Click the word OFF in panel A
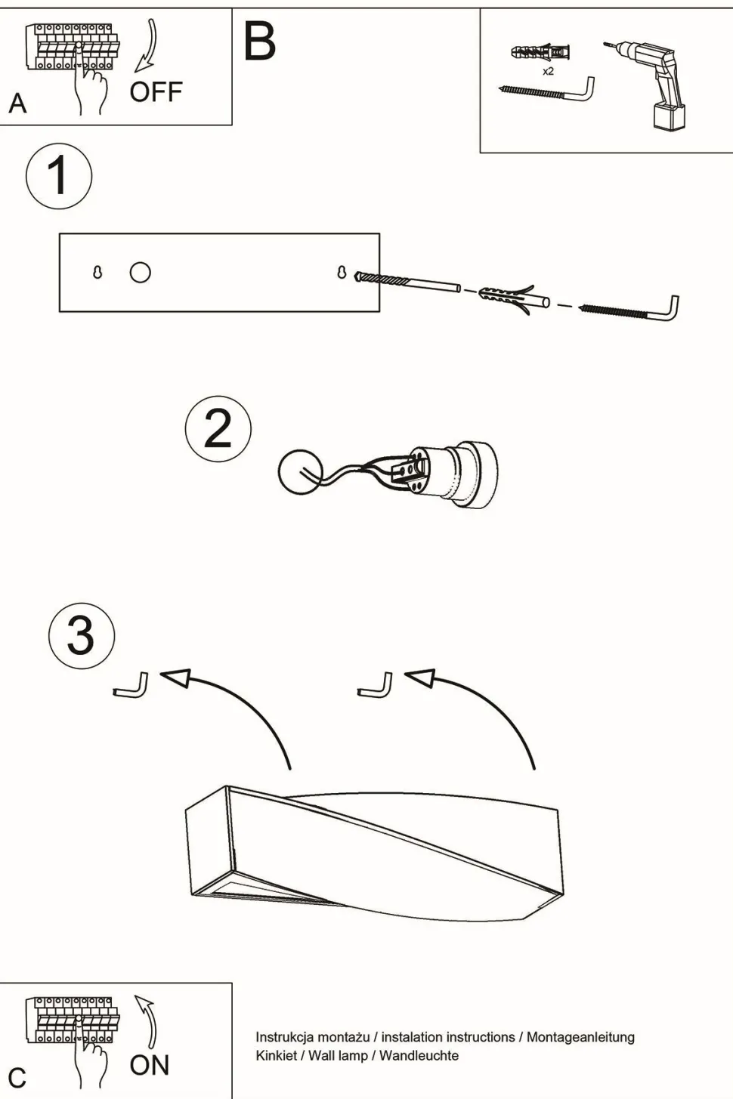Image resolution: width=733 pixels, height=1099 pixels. tap(156, 92)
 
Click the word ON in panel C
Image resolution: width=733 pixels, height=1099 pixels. tap(150, 1065)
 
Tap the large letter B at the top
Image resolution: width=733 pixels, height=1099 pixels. tap(260, 42)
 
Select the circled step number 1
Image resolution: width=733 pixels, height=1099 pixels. tap(59, 176)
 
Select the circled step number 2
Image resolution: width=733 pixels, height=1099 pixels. tap(218, 429)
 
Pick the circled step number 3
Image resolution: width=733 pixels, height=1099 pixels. tap(82, 635)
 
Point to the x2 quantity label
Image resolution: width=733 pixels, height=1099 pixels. tap(548, 72)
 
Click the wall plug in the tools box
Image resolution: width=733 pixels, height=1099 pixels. tap(540, 53)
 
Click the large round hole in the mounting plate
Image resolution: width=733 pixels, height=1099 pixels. tap(141, 272)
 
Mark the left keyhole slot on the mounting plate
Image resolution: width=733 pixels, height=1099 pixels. tap(97, 272)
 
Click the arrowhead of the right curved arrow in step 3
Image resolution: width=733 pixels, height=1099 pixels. tap(421, 678)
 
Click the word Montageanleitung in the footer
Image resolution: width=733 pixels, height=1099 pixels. tap(580, 1037)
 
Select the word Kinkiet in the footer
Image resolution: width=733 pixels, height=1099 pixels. tap(276, 1055)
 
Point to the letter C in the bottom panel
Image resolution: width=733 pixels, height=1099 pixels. tap(17, 1078)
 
